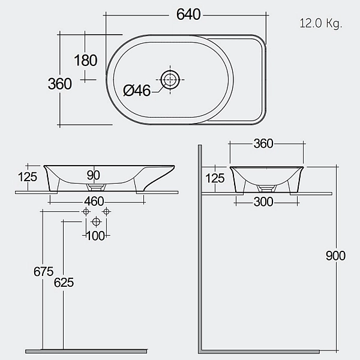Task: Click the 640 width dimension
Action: (x=188, y=14)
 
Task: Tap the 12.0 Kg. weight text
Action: (x=321, y=23)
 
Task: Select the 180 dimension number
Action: (x=86, y=61)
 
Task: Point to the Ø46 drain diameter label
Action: (x=137, y=90)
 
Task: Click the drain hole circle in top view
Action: (x=170, y=80)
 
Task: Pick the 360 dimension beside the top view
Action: (x=59, y=84)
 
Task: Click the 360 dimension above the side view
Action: (x=263, y=144)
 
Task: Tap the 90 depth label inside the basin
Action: (x=94, y=175)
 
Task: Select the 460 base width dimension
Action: (x=94, y=202)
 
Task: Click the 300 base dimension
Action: (x=263, y=202)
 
